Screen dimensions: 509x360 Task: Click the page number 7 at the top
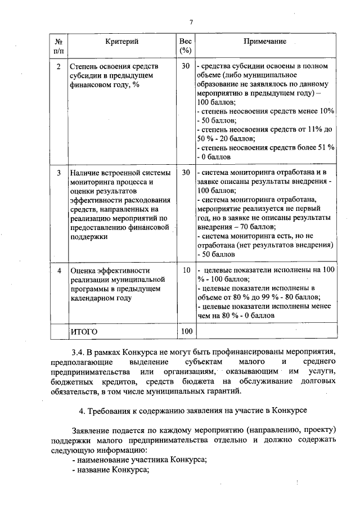pos(191,22)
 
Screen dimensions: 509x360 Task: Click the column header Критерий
pos(121,42)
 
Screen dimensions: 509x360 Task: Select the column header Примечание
pos(265,42)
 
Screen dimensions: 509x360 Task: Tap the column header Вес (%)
pos(185,46)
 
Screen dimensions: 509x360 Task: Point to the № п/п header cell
pos(59,46)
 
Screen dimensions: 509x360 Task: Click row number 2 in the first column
pos(59,66)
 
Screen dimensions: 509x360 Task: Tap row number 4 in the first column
pos(59,271)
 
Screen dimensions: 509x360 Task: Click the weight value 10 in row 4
pos(186,271)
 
